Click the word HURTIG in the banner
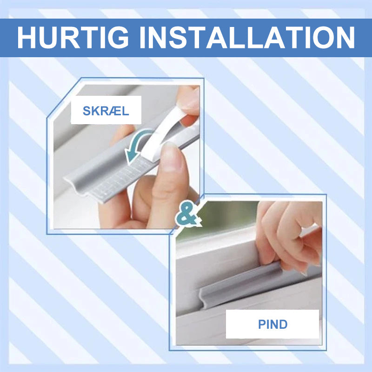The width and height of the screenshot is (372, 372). click(x=73, y=37)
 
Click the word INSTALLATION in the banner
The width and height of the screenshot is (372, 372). click(x=247, y=37)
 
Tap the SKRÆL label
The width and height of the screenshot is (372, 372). click(x=106, y=111)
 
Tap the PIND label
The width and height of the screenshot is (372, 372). click(x=272, y=324)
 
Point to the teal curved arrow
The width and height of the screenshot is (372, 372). click(x=138, y=145)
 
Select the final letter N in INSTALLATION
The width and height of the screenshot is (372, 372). click(x=345, y=38)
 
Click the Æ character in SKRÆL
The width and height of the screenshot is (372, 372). click(x=113, y=111)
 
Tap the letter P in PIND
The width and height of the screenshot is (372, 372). click(x=262, y=324)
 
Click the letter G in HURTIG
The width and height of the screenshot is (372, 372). click(x=118, y=38)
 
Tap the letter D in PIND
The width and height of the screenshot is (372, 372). click(x=283, y=324)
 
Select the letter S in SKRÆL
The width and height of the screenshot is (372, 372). click(x=86, y=111)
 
